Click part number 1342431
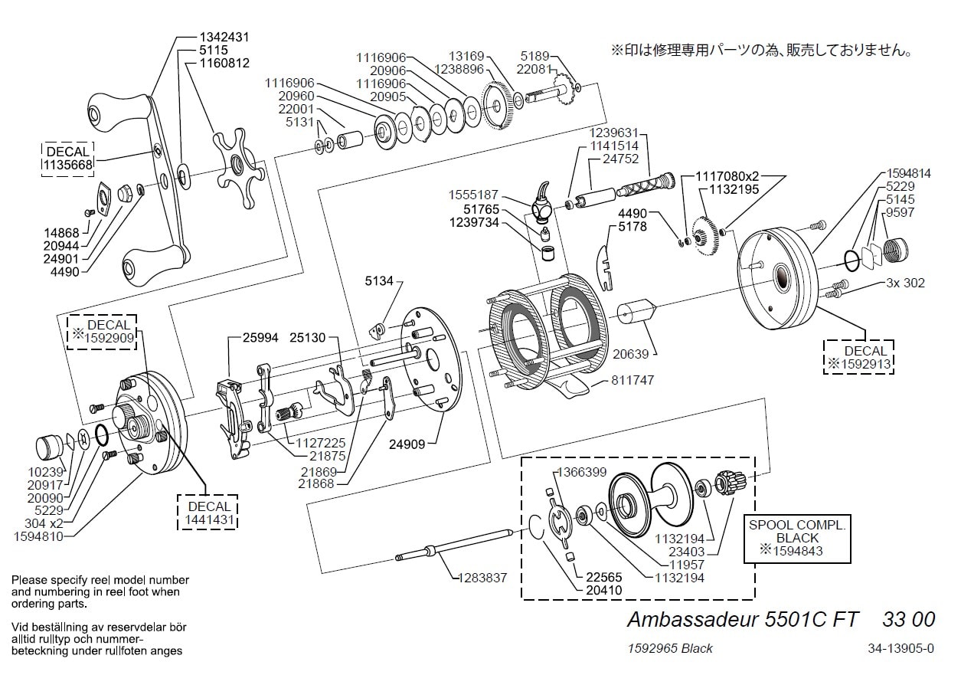click(224, 37)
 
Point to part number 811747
click(632, 380)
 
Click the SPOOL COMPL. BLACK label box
click(796, 538)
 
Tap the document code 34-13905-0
click(901, 648)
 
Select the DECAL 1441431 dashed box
click(208, 513)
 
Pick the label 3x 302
click(905, 283)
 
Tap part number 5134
click(378, 281)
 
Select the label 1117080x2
click(728, 175)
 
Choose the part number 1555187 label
click(474, 195)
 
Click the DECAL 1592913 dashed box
click(858, 357)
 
